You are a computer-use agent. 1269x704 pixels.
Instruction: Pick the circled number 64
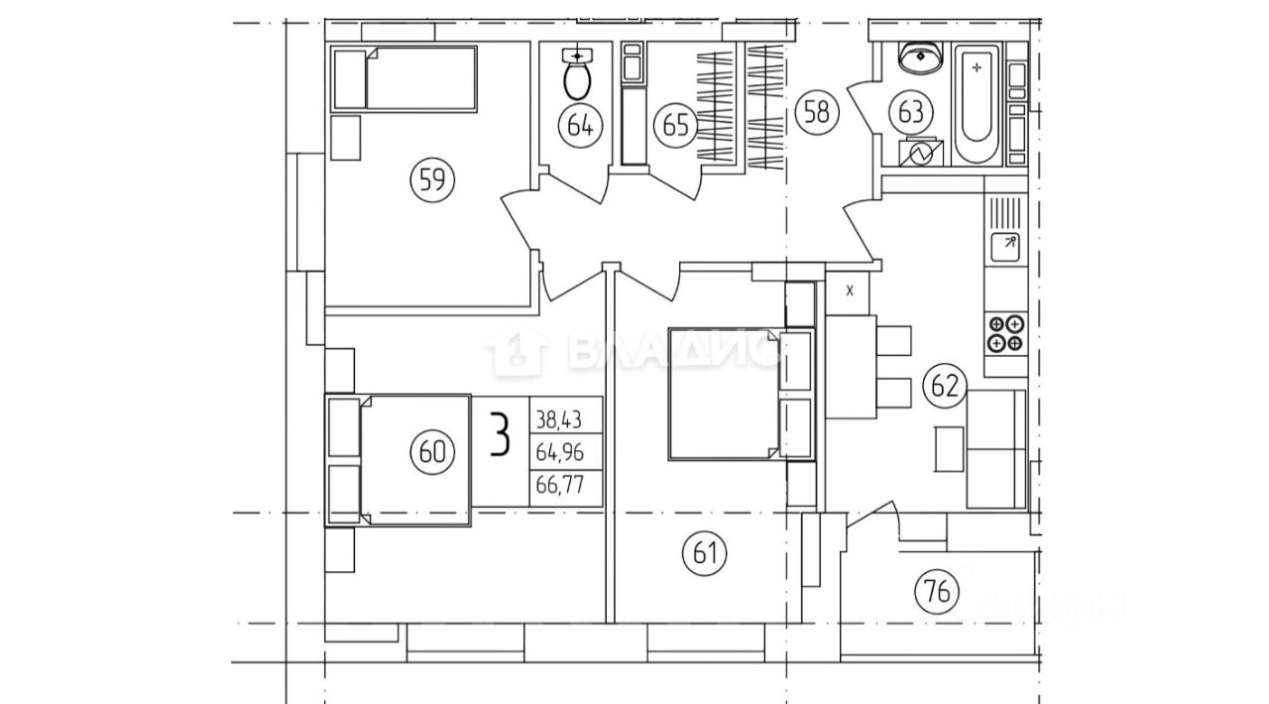click(x=580, y=125)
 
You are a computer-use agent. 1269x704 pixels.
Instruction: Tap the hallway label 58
click(x=817, y=112)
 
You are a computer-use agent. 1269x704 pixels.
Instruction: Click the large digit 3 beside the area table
click(x=503, y=436)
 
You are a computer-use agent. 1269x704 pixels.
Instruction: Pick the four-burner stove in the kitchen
click(x=1004, y=333)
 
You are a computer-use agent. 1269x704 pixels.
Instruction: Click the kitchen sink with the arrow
click(x=1005, y=245)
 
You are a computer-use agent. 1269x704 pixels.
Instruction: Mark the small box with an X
click(x=850, y=291)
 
